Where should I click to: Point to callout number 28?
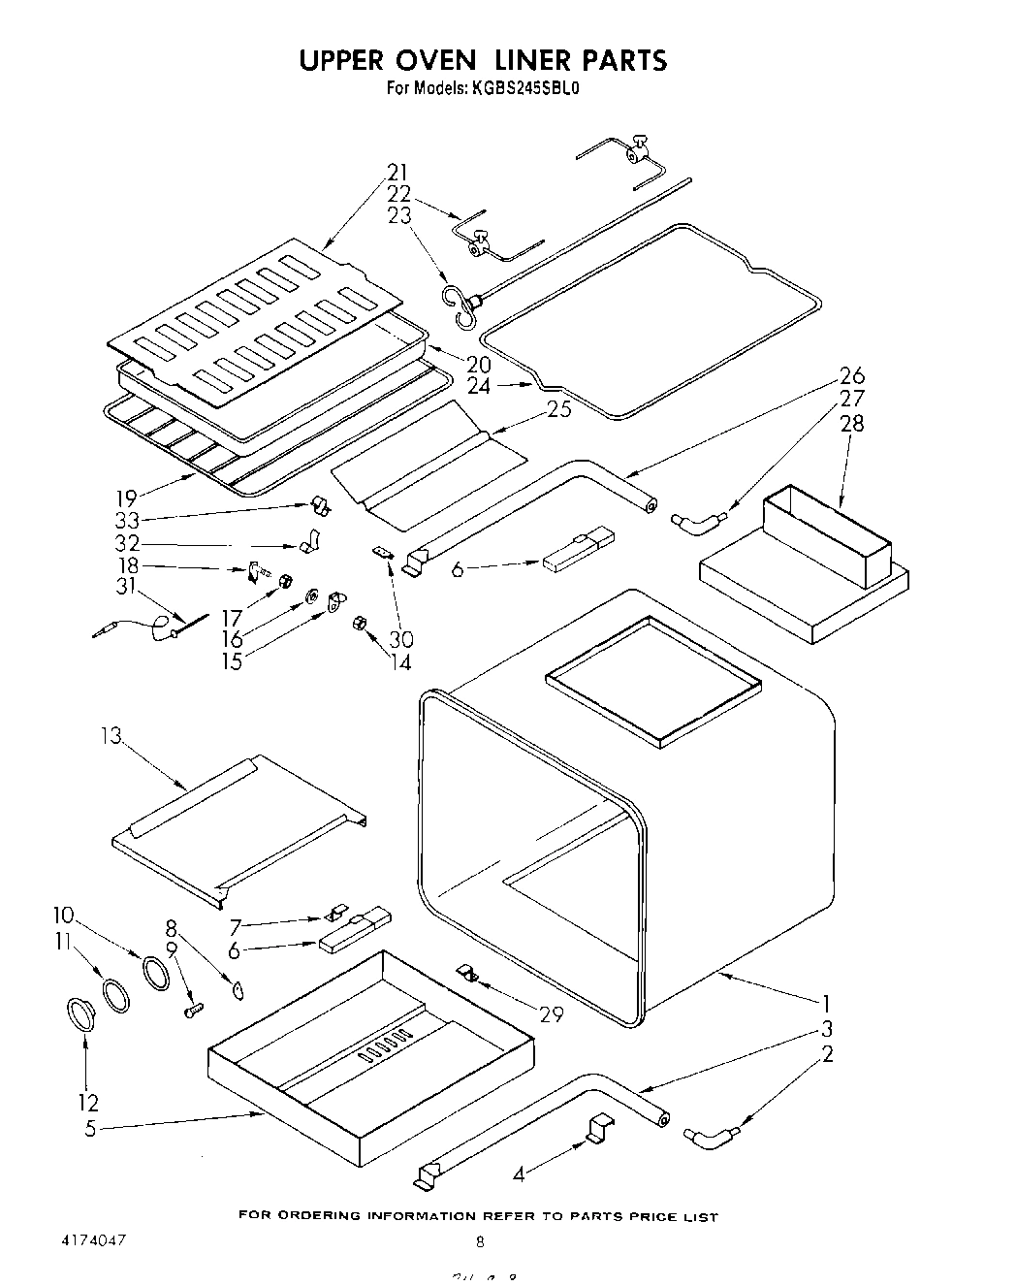coord(852,423)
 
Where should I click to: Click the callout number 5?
coord(90,1129)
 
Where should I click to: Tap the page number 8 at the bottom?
coord(479,1241)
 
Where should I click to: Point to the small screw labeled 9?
coord(192,1010)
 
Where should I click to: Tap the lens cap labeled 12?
coord(80,1014)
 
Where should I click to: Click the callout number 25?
coord(558,408)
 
